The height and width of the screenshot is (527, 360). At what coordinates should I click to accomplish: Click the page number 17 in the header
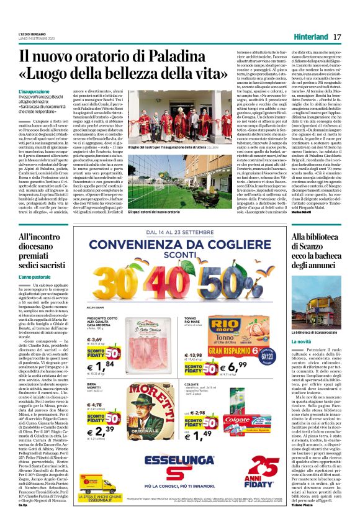point(337,37)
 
